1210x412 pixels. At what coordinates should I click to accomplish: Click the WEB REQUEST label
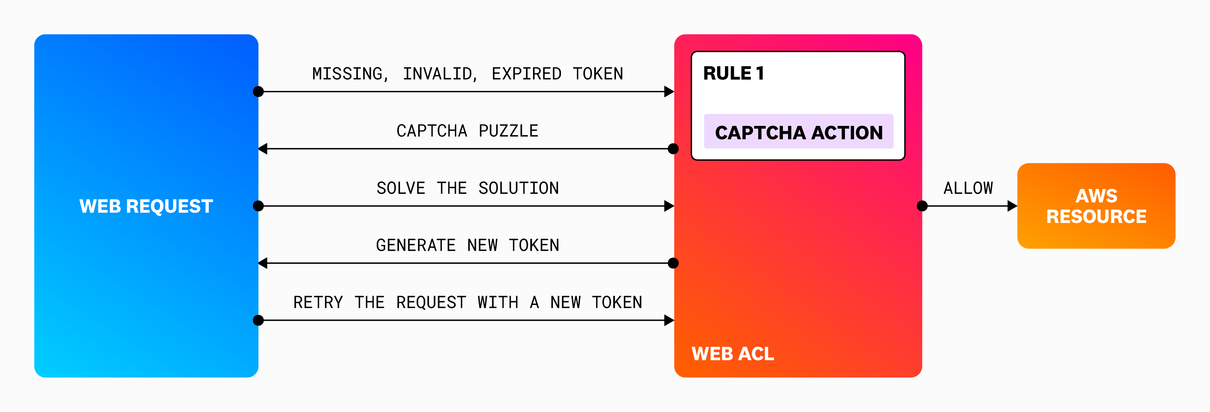tap(146, 206)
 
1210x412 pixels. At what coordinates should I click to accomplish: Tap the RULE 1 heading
tap(733, 73)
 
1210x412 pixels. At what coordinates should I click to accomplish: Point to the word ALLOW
tap(968, 188)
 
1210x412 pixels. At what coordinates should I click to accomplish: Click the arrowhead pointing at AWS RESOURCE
tap(1012, 206)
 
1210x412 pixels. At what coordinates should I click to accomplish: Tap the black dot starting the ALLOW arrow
tap(922, 206)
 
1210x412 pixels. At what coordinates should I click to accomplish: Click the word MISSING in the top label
tap(348, 74)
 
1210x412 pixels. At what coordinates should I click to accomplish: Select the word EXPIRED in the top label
tap(526, 74)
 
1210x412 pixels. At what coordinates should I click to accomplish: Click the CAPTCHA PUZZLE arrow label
tap(467, 131)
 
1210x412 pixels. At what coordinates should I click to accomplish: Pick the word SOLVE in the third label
tap(401, 188)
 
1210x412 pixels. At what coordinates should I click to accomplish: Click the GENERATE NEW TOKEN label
tap(467, 245)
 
